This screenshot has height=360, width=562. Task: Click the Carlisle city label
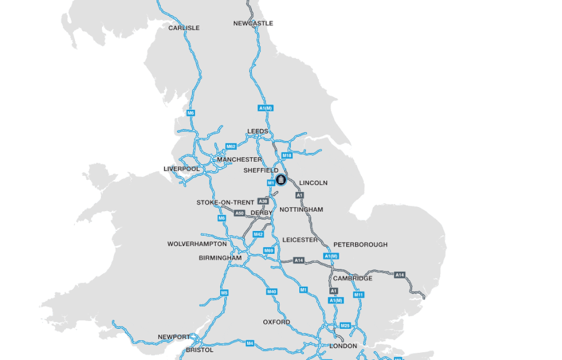click(x=184, y=28)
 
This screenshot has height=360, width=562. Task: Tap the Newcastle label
click(x=253, y=23)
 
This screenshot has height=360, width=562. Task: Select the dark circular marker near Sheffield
click(x=281, y=179)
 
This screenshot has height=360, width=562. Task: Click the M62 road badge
click(x=231, y=146)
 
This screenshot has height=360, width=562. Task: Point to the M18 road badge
click(x=287, y=155)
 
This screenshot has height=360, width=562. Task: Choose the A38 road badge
click(x=263, y=201)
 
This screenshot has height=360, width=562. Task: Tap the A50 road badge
click(x=239, y=213)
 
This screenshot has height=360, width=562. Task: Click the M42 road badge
click(x=258, y=234)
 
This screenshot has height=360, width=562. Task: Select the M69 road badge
click(x=269, y=250)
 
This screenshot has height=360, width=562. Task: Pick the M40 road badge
click(x=272, y=292)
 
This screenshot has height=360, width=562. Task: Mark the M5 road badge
click(x=224, y=293)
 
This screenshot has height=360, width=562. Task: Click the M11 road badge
click(x=359, y=295)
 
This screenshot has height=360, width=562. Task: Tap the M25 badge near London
click(x=345, y=325)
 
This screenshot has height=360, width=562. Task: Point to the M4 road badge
click(x=250, y=343)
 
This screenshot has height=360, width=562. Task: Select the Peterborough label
click(x=360, y=245)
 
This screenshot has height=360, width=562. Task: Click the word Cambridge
click(x=353, y=278)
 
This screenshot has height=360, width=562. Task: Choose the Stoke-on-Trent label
click(x=226, y=203)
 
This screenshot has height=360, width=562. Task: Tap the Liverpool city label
click(x=182, y=169)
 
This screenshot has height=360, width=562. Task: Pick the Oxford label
click(x=277, y=322)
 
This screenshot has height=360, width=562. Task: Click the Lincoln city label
click(x=313, y=182)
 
